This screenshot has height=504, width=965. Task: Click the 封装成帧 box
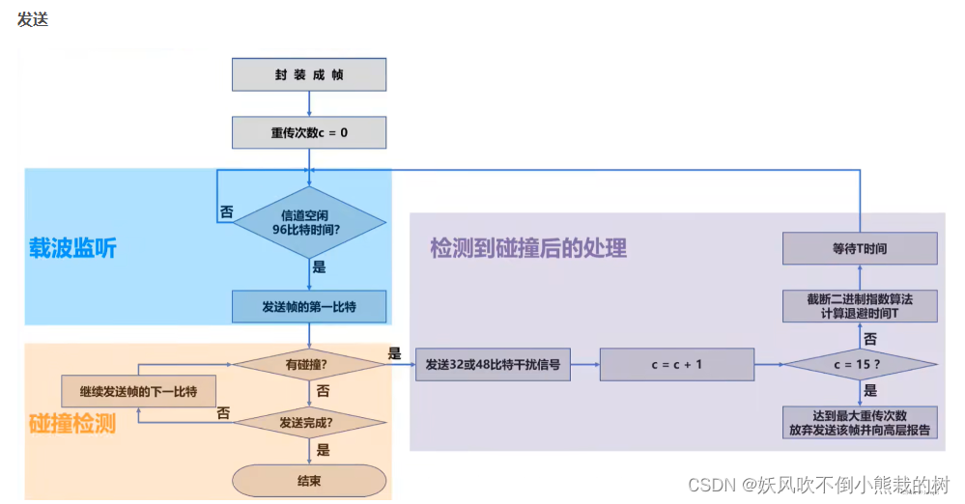(x=309, y=74)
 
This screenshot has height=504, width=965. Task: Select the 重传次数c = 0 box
(x=309, y=132)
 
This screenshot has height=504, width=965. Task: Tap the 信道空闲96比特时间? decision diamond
(x=309, y=221)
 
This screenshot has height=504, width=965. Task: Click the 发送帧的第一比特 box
(x=309, y=306)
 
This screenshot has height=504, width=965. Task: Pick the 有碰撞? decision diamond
(x=309, y=365)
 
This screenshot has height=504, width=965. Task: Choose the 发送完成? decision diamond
(x=309, y=422)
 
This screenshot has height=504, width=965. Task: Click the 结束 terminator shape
(x=309, y=480)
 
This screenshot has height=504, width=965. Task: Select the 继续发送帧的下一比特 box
(x=138, y=391)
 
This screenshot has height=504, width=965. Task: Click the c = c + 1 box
(x=676, y=365)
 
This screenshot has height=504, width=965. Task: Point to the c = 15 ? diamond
(x=859, y=365)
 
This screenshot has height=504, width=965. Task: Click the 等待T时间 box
(x=859, y=248)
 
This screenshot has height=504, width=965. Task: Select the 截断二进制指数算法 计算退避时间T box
(x=859, y=306)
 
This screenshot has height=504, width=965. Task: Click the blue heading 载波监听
(x=72, y=248)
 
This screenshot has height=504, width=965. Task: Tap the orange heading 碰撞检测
(x=72, y=422)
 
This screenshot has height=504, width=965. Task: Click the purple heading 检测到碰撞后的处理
(x=528, y=248)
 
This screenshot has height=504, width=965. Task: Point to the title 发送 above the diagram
(x=32, y=19)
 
